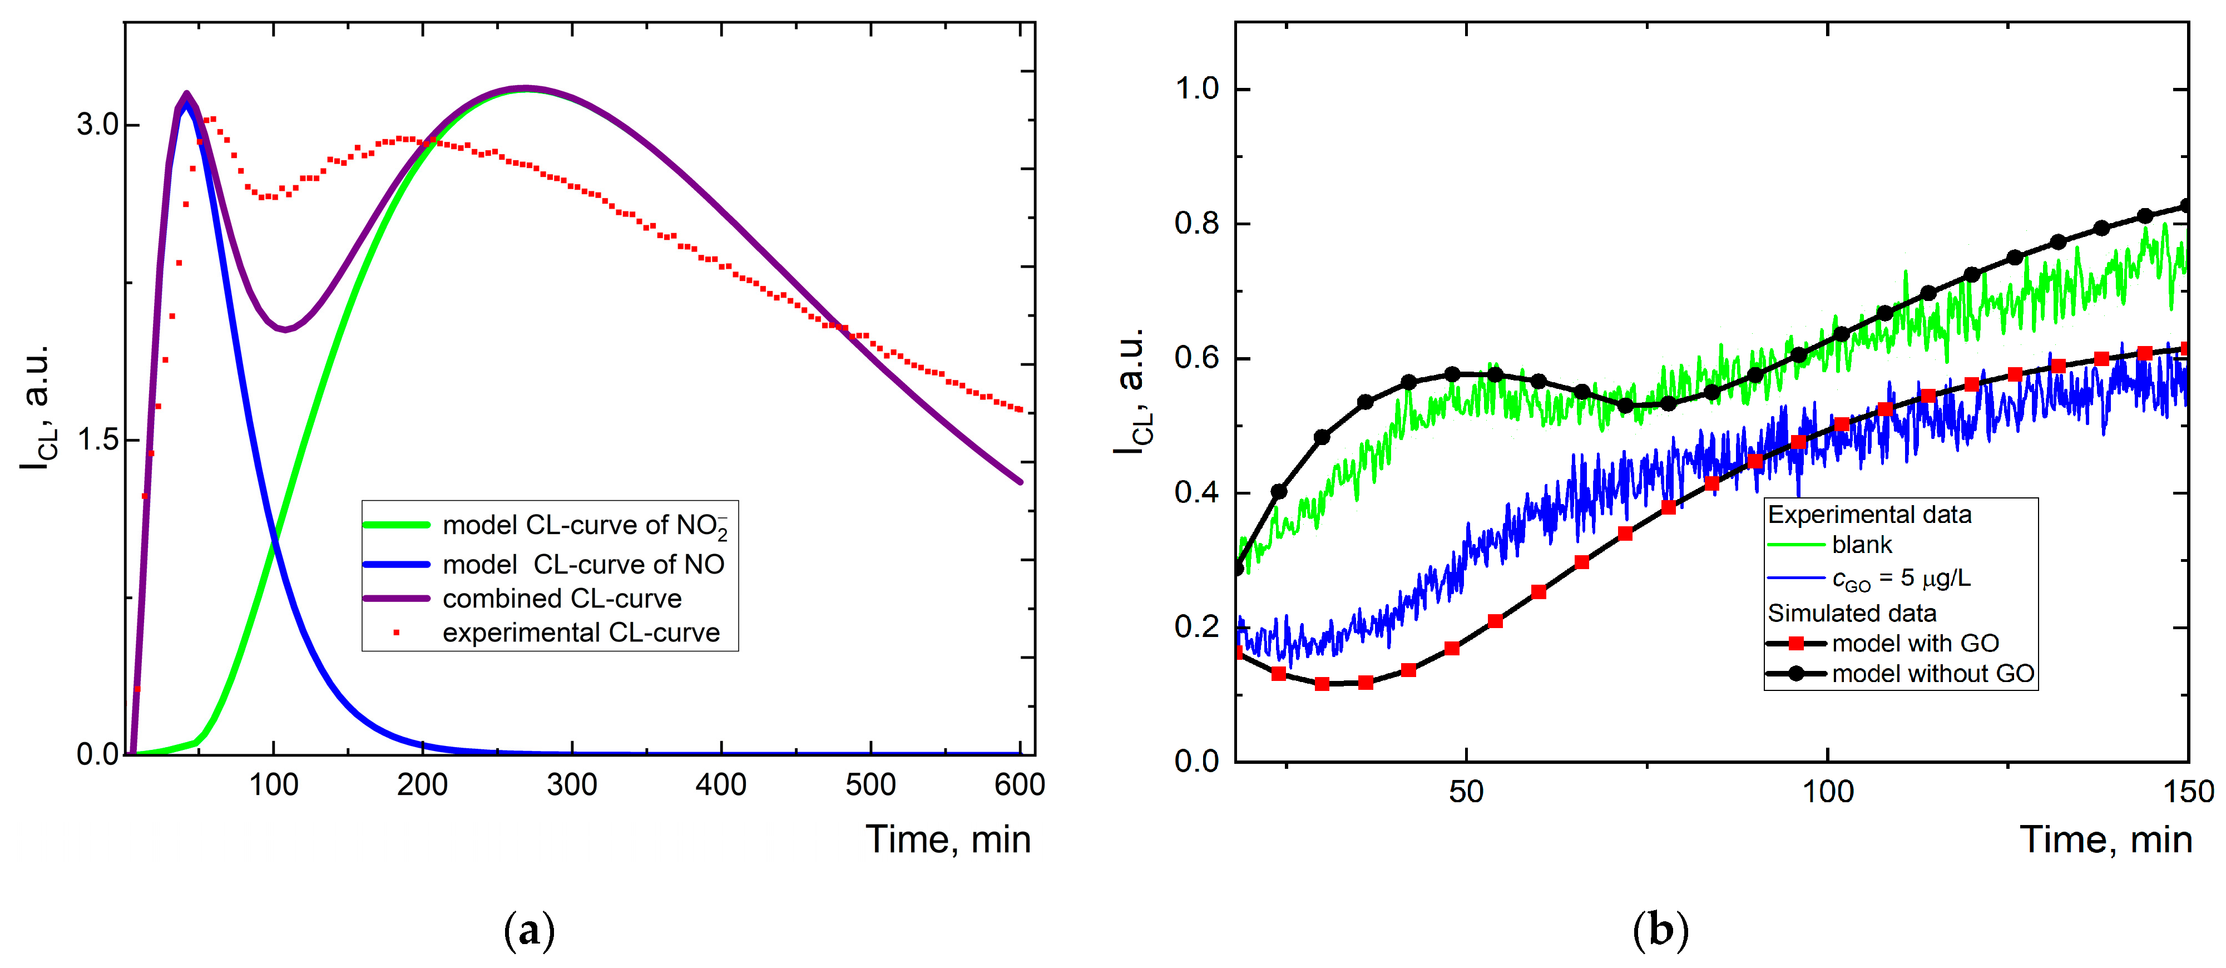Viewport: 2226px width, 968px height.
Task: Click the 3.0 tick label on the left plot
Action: pyautogui.click(x=97, y=125)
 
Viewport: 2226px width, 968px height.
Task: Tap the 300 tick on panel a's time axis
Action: pyautogui.click(x=571, y=785)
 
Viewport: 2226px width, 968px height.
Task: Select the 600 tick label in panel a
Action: pyautogui.click(x=1019, y=785)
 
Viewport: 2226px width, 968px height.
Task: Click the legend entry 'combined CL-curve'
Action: pyautogui.click(x=562, y=598)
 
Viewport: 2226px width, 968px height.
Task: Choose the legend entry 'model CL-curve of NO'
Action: pyautogui.click(x=583, y=564)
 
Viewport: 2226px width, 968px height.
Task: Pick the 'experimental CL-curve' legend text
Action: pyautogui.click(x=581, y=633)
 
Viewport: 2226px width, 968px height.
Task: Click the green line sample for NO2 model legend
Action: pyautogui.click(x=396, y=525)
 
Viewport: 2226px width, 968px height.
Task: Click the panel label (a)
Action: pyautogui.click(x=528, y=931)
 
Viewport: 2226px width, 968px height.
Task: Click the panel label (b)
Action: pyautogui.click(x=1660, y=931)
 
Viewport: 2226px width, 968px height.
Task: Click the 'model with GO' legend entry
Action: pyautogui.click(x=1915, y=643)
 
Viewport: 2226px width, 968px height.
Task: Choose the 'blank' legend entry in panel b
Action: pyautogui.click(x=1861, y=545)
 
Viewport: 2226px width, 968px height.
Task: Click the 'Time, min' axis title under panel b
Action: pyautogui.click(x=2105, y=840)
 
